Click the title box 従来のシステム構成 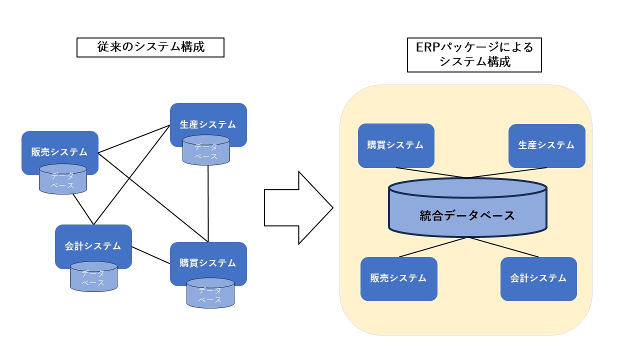coord(150,47)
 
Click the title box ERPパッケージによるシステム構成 coord(474,55)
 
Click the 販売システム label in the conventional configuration coord(59,151)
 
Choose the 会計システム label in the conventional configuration coord(93,245)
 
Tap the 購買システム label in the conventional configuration coord(208,262)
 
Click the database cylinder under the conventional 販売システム coord(63,180)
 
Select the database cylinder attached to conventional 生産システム coord(206,150)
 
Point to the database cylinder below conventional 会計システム coord(93,277)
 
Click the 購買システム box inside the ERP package coord(395,145)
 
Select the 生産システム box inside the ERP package coord(546,145)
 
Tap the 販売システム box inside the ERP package coord(398,278)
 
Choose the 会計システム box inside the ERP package coord(538,278)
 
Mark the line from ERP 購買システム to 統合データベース coord(430,172)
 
